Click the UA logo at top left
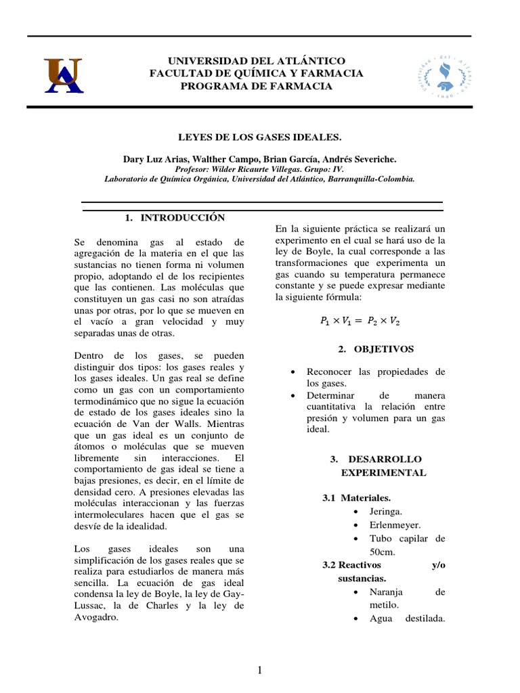click(64, 74)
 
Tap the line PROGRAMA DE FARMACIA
click(257, 86)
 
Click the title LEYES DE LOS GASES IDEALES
click(259, 137)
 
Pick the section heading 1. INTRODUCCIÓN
click(175, 217)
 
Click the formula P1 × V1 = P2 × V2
click(361, 322)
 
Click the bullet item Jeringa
click(385, 512)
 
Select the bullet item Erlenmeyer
click(395, 525)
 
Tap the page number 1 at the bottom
click(259, 670)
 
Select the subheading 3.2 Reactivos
click(352, 565)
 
